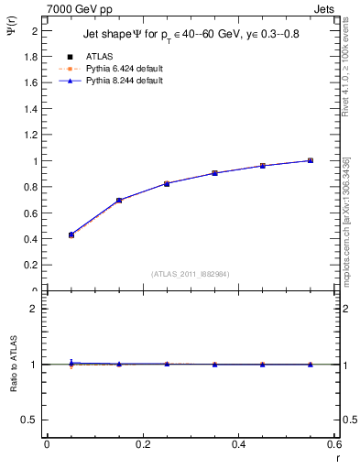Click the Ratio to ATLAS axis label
tap(14, 364)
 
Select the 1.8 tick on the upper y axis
tap(30, 57)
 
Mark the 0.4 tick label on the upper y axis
tap(30, 239)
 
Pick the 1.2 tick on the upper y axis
tap(30, 135)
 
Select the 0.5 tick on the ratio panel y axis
tap(30, 420)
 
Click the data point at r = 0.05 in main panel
tap(71, 235)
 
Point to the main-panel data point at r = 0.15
tap(119, 200)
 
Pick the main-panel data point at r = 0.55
tap(311, 160)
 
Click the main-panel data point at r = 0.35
tap(214, 173)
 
